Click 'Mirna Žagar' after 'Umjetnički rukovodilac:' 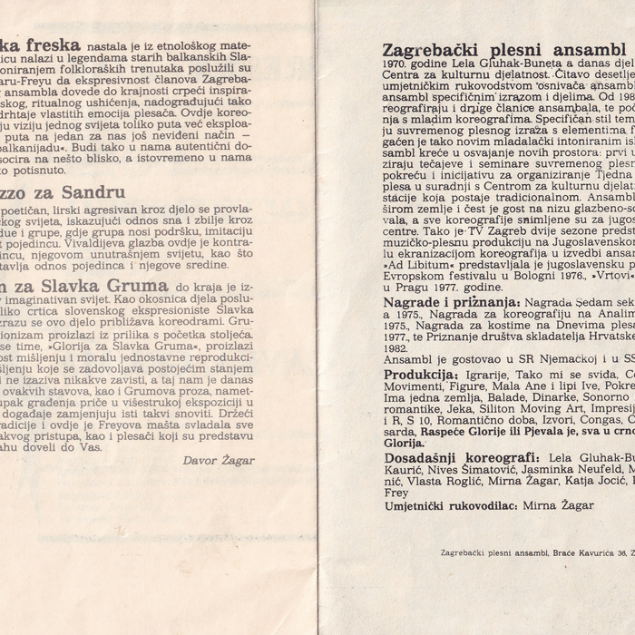(554, 505)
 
